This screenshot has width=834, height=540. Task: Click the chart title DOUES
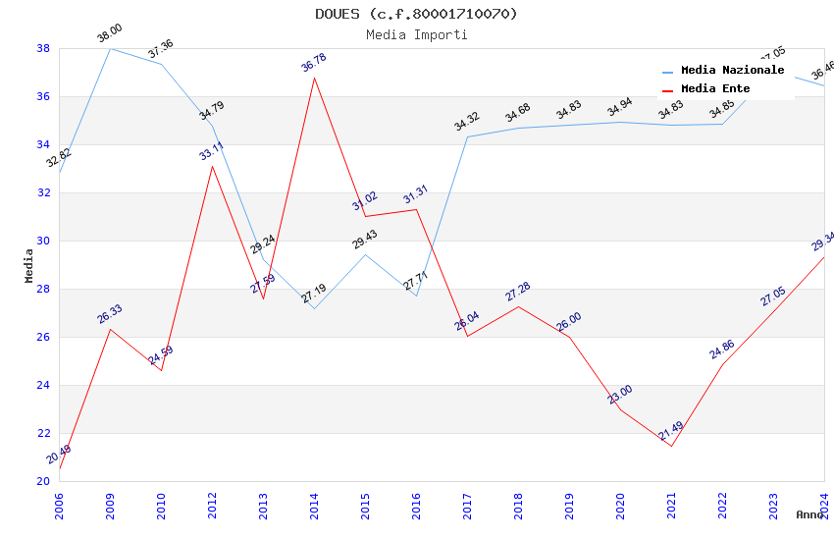point(416,14)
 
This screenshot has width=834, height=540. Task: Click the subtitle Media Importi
point(416,34)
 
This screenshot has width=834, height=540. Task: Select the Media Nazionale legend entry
point(732,71)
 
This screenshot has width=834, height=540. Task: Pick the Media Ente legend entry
point(721,88)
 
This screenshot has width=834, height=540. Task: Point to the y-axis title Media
point(29,265)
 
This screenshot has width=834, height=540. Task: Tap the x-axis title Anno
point(809,514)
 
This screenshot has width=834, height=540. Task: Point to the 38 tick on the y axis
point(43,48)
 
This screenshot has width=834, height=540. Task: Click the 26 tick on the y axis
point(43,337)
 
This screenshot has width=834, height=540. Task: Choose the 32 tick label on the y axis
point(43,192)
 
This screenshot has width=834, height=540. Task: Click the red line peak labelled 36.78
point(314,78)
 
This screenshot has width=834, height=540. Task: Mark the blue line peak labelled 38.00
point(110,48)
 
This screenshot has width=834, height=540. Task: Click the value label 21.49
point(671,431)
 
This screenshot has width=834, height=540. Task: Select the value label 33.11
point(211,151)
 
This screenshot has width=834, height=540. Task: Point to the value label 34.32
point(467,122)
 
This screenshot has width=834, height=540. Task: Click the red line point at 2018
point(518,306)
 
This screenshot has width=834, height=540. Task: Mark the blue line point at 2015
point(365,255)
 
